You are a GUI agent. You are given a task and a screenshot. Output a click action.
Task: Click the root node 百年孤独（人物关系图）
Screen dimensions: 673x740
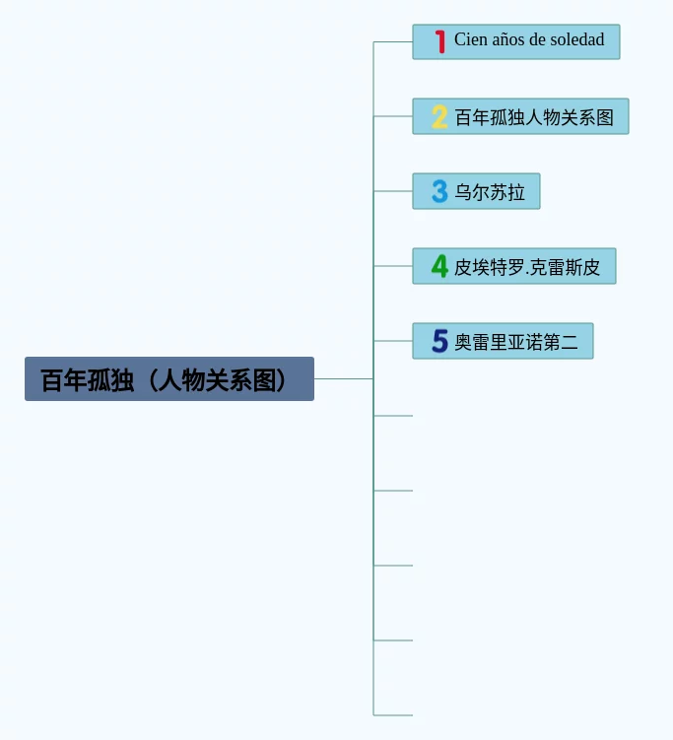coord(168,379)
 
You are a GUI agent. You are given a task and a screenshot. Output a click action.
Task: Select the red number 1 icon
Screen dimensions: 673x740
coord(439,41)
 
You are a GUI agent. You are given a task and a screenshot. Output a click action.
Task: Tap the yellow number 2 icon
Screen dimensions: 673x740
coord(439,117)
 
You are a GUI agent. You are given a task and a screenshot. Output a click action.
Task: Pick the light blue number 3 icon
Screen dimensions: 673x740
coord(439,191)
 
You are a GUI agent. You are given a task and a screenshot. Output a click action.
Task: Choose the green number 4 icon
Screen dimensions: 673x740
coord(439,266)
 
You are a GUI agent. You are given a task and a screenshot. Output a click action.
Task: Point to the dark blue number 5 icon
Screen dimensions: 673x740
coord(439,342)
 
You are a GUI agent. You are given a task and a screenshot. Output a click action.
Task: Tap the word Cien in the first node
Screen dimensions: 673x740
coord(470,40)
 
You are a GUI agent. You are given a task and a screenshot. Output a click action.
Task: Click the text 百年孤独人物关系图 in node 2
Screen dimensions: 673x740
coord(534,117)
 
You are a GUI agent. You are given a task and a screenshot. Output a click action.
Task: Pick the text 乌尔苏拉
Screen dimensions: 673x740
coord(490,192)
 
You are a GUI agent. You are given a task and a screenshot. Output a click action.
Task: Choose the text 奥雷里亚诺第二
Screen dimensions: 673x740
coord(516,343)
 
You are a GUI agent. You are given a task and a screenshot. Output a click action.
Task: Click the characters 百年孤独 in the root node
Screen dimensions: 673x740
coord(88,380)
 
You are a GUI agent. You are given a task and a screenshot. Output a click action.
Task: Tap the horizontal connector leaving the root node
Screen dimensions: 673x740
coord(343,378)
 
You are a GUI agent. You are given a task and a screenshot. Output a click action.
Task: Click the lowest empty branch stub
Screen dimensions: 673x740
coord(393,714)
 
